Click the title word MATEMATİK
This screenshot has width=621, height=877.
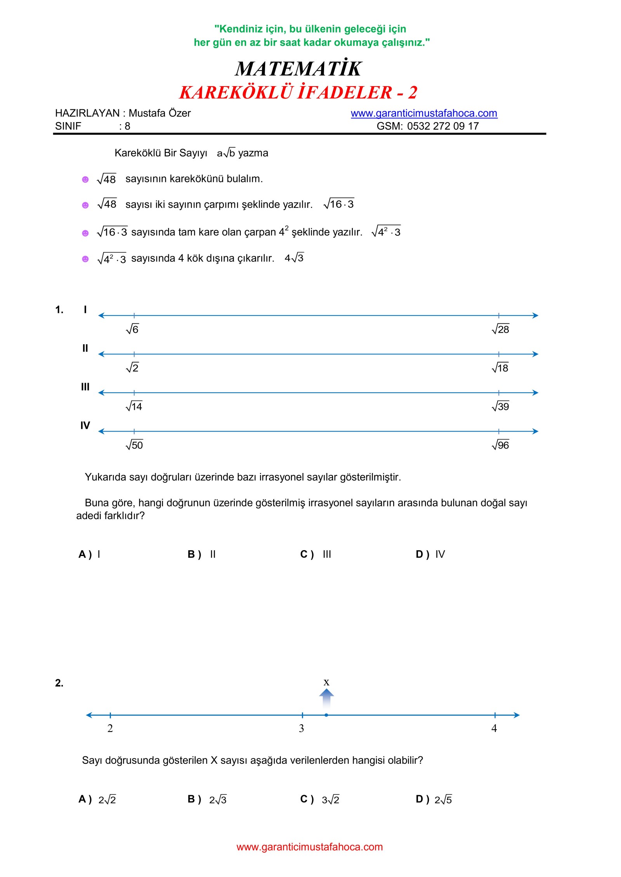(x=298, y=69)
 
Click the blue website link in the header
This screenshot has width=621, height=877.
(x=424, y=113)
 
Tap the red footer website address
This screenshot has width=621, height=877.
(x=309, y=847)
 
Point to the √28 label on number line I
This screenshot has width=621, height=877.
(x=500, y=329)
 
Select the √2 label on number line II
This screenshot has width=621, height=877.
(x=132, y=368)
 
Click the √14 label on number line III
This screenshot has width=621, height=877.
(x=134, y=406)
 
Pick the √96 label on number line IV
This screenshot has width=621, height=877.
(x=500, y=445)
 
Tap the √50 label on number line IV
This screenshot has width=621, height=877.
(x=134, y=445)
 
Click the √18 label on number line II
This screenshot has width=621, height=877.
(x=500, y=368)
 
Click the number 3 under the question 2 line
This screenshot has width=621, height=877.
(x=302, y=729)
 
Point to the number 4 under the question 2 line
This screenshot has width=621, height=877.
(x=494, y=729)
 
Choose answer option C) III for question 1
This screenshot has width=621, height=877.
(x=316, y=554)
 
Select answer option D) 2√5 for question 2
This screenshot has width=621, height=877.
(x=434, y=799)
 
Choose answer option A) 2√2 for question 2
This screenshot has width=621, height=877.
(x=97, y=799)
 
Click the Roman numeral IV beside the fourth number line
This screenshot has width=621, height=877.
(x=85, y=426)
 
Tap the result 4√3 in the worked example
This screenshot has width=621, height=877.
(x=294, y=258)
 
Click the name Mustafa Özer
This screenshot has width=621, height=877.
(x=160, y=113)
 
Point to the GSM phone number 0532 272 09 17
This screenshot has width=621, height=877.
(x=443, y=126)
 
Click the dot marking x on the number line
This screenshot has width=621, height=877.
(x=326, y=715)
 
